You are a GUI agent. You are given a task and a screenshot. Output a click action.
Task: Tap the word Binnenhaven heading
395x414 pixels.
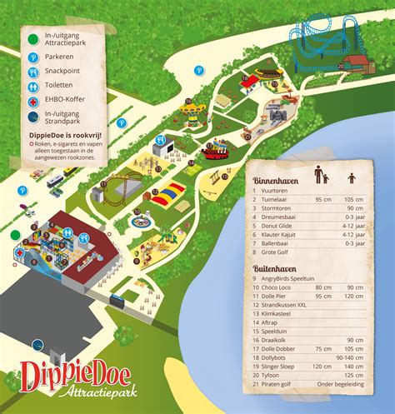[x=276, y=179]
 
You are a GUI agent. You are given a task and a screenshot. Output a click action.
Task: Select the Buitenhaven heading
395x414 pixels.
[x=276, y=270]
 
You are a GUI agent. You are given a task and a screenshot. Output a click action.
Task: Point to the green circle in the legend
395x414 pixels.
[x=32, y=37]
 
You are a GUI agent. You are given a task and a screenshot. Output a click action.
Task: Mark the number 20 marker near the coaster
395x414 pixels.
[x=340, y=66]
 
